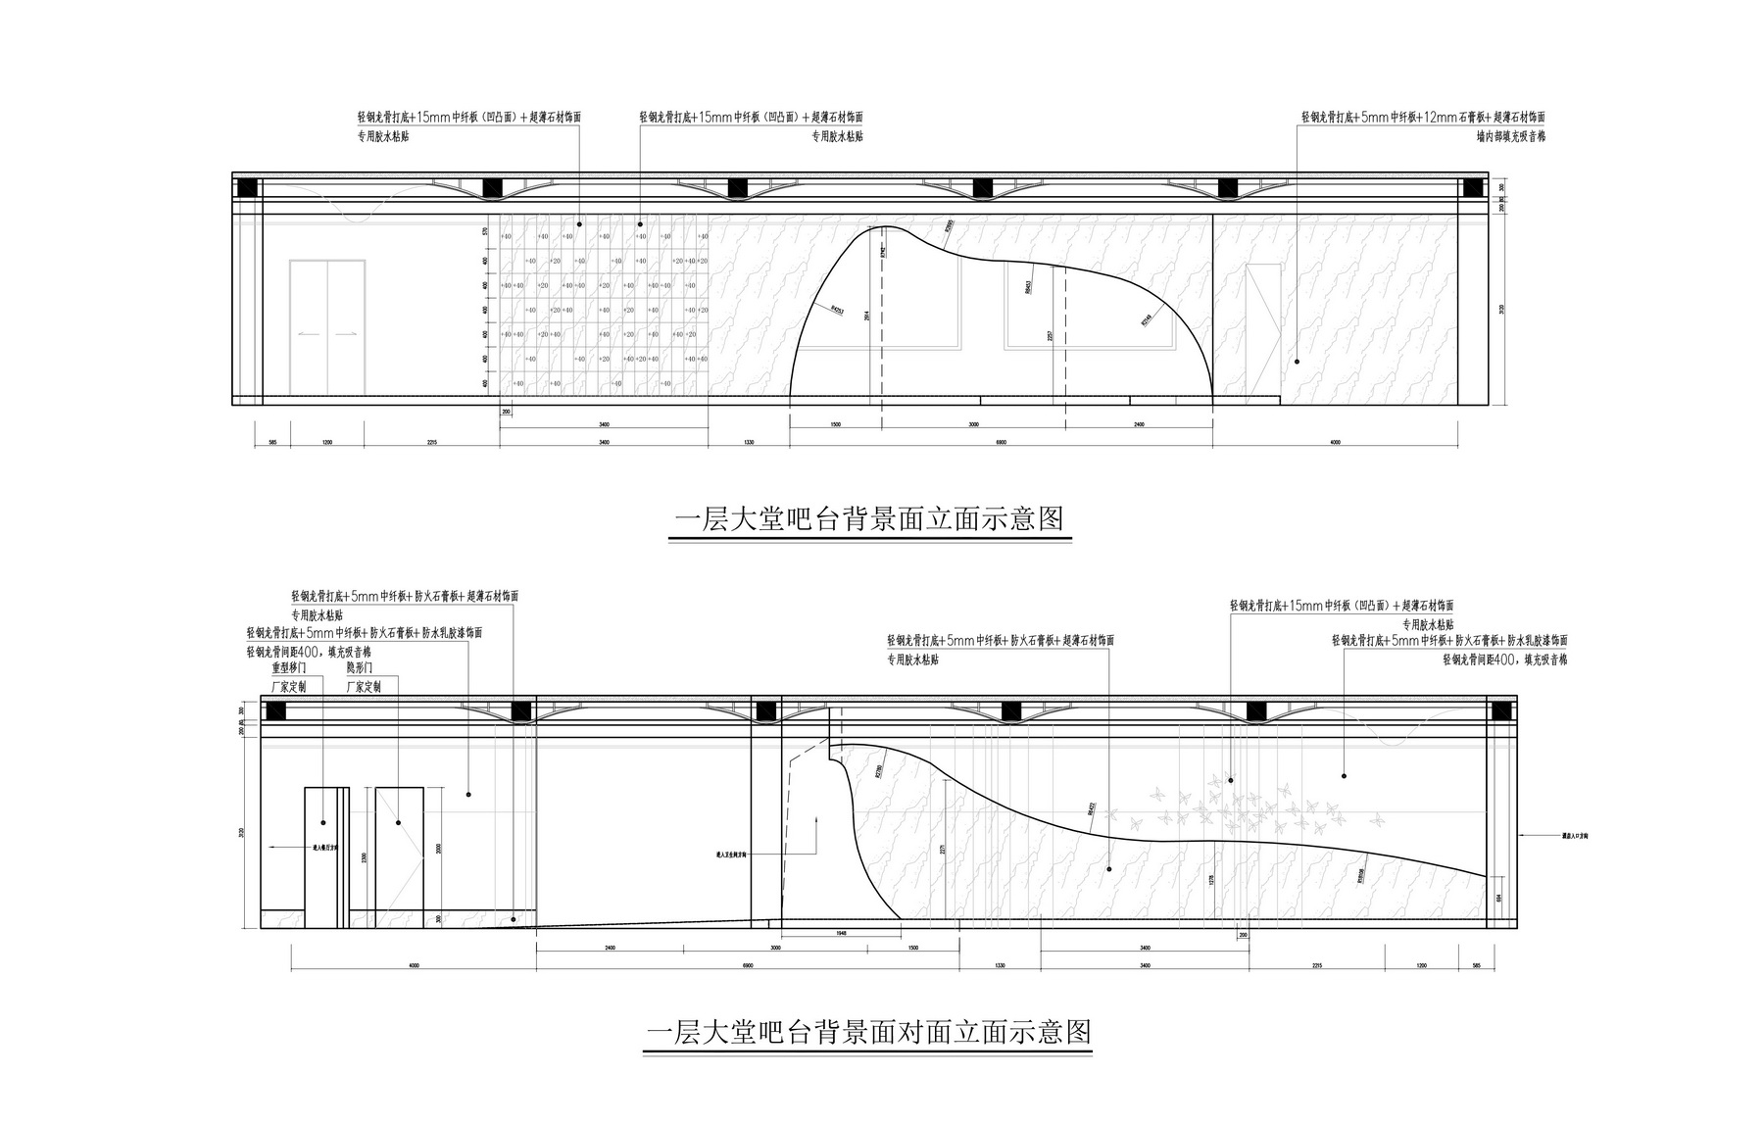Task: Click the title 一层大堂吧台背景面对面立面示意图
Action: [868, 1032]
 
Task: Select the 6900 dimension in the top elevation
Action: [1002, 443]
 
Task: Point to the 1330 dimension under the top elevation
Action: [749, 443]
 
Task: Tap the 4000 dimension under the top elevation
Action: [1335, 443]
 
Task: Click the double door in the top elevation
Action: [327, 327]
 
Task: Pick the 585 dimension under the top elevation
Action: [272, 443]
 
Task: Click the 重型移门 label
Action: [289, 668]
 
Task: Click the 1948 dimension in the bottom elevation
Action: [841, 934]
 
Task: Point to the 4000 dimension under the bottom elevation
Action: [413, 965]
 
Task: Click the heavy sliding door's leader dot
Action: [323, 821]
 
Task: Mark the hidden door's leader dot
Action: [399, 821]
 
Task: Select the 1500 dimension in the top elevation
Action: [835, 425]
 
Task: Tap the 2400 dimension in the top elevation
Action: [1139, 425]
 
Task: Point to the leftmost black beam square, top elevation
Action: [247, 187]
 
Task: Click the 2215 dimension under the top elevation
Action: [431, 443]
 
